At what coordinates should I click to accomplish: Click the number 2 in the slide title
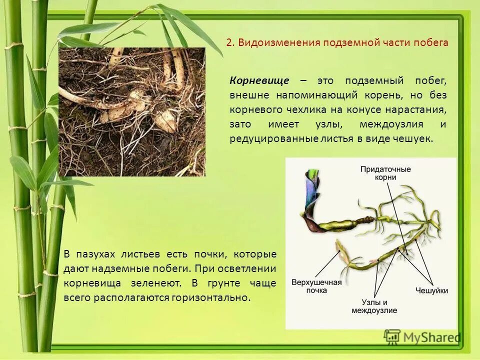tap(228, 42)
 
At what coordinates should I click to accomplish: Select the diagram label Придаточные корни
tap(385, 173)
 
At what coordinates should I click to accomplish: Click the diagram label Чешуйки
tap(431, 290)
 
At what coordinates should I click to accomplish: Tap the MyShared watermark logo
tap(423, 337)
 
